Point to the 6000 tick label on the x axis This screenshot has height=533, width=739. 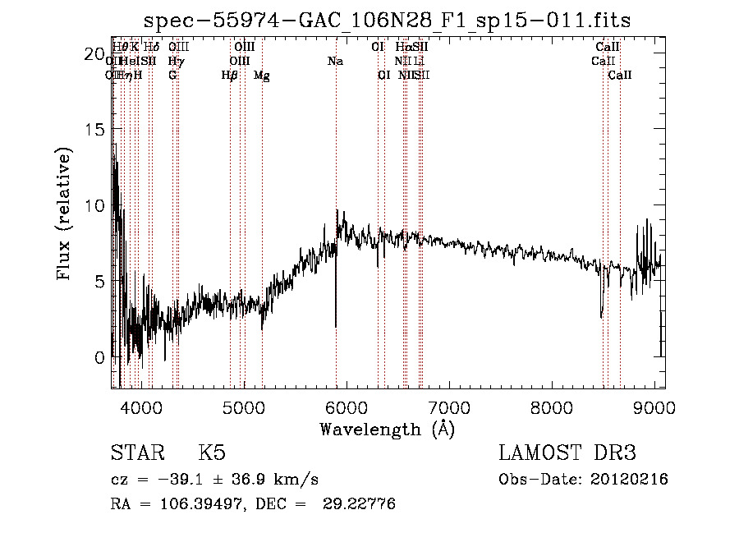[346, 407]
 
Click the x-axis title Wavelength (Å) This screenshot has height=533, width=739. [387, 429]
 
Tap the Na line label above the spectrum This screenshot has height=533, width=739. [335, 62]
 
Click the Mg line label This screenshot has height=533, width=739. [262, 76]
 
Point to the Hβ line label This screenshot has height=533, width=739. [230, 76]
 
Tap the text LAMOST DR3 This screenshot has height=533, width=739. [567, 453]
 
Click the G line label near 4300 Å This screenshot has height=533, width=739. [172, 76]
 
